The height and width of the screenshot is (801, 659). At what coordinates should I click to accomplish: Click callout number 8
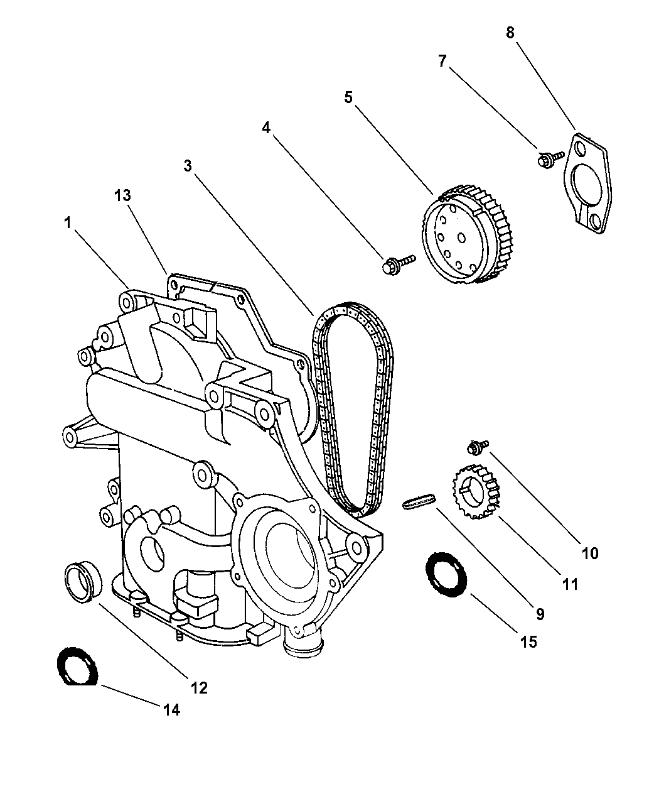(510, 33)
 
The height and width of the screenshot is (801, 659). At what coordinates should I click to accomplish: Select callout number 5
(349, 97)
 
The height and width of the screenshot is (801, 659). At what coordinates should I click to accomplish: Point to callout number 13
(122, 195)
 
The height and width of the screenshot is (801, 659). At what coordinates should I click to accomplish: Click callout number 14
(171, 710)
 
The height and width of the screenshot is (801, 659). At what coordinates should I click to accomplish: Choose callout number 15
(528, 641)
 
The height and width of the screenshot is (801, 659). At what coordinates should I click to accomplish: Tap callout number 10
(590, 553)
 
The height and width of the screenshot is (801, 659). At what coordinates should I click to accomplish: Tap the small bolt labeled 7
(544, 160)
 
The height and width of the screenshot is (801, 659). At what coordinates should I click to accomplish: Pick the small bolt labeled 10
(475, 448)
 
